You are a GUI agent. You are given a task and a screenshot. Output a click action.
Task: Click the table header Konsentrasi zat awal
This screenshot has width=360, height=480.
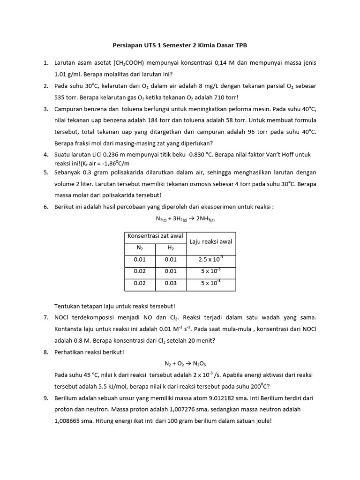155,236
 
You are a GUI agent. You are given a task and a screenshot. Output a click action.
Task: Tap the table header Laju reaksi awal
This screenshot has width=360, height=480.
211,241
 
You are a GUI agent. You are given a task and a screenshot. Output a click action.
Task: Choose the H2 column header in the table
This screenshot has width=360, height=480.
171,247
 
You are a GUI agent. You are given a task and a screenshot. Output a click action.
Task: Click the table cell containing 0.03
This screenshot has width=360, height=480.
171,283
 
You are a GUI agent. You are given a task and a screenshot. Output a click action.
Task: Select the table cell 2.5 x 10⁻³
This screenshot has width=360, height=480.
211,259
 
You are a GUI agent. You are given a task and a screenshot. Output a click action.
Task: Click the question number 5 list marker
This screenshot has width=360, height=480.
45,172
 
